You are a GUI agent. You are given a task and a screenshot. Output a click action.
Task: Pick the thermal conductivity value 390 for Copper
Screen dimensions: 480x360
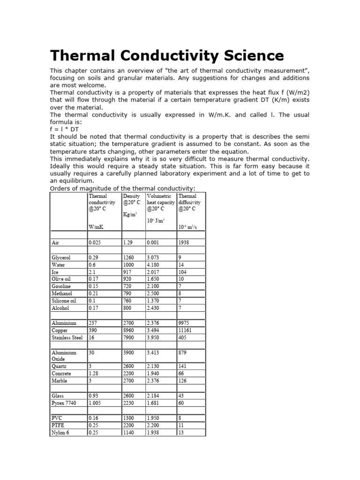click(x=94, y=330)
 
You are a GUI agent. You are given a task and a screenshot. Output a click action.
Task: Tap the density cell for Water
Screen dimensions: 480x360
click(x=128, y=265)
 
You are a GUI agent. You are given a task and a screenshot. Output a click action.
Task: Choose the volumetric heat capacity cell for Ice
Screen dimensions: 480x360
click(x=153, y=272)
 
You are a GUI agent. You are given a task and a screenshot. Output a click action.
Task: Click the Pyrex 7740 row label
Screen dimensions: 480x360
click(x=63, y=403)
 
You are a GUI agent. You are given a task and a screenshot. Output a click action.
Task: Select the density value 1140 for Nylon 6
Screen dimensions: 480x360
click(x=129, y=433)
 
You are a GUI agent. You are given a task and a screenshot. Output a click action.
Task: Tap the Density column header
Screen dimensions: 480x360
click(x=131, y=196)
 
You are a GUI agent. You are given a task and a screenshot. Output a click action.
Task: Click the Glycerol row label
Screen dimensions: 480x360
click(x=61, y=258)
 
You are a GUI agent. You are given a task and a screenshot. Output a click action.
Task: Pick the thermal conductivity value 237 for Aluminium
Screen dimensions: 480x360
click(x=94, y=323)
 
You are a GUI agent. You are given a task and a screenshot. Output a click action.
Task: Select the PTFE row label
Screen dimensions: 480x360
click(x=58, y=425)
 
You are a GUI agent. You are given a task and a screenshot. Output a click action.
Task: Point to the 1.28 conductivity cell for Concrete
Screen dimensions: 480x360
click(x=94, y=374)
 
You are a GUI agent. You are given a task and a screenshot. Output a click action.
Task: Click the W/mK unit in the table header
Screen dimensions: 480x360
click(x=96, y=227)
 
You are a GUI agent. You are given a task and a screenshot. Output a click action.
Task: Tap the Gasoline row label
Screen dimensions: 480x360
click(x=61, y=286)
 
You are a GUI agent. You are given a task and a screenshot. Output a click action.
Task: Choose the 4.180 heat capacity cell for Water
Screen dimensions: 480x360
click(x=153, y=265)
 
